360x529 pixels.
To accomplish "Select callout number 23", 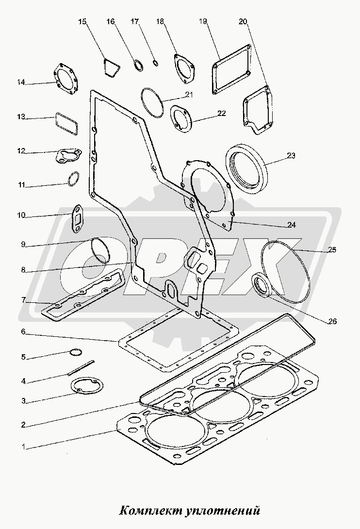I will pos(291,156).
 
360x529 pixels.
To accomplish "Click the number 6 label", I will pos(23,332).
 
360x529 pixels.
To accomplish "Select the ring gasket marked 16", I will pos(138,65).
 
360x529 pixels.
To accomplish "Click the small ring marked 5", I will pos(76,351).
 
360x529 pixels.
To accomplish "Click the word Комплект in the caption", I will pos(149,511).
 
